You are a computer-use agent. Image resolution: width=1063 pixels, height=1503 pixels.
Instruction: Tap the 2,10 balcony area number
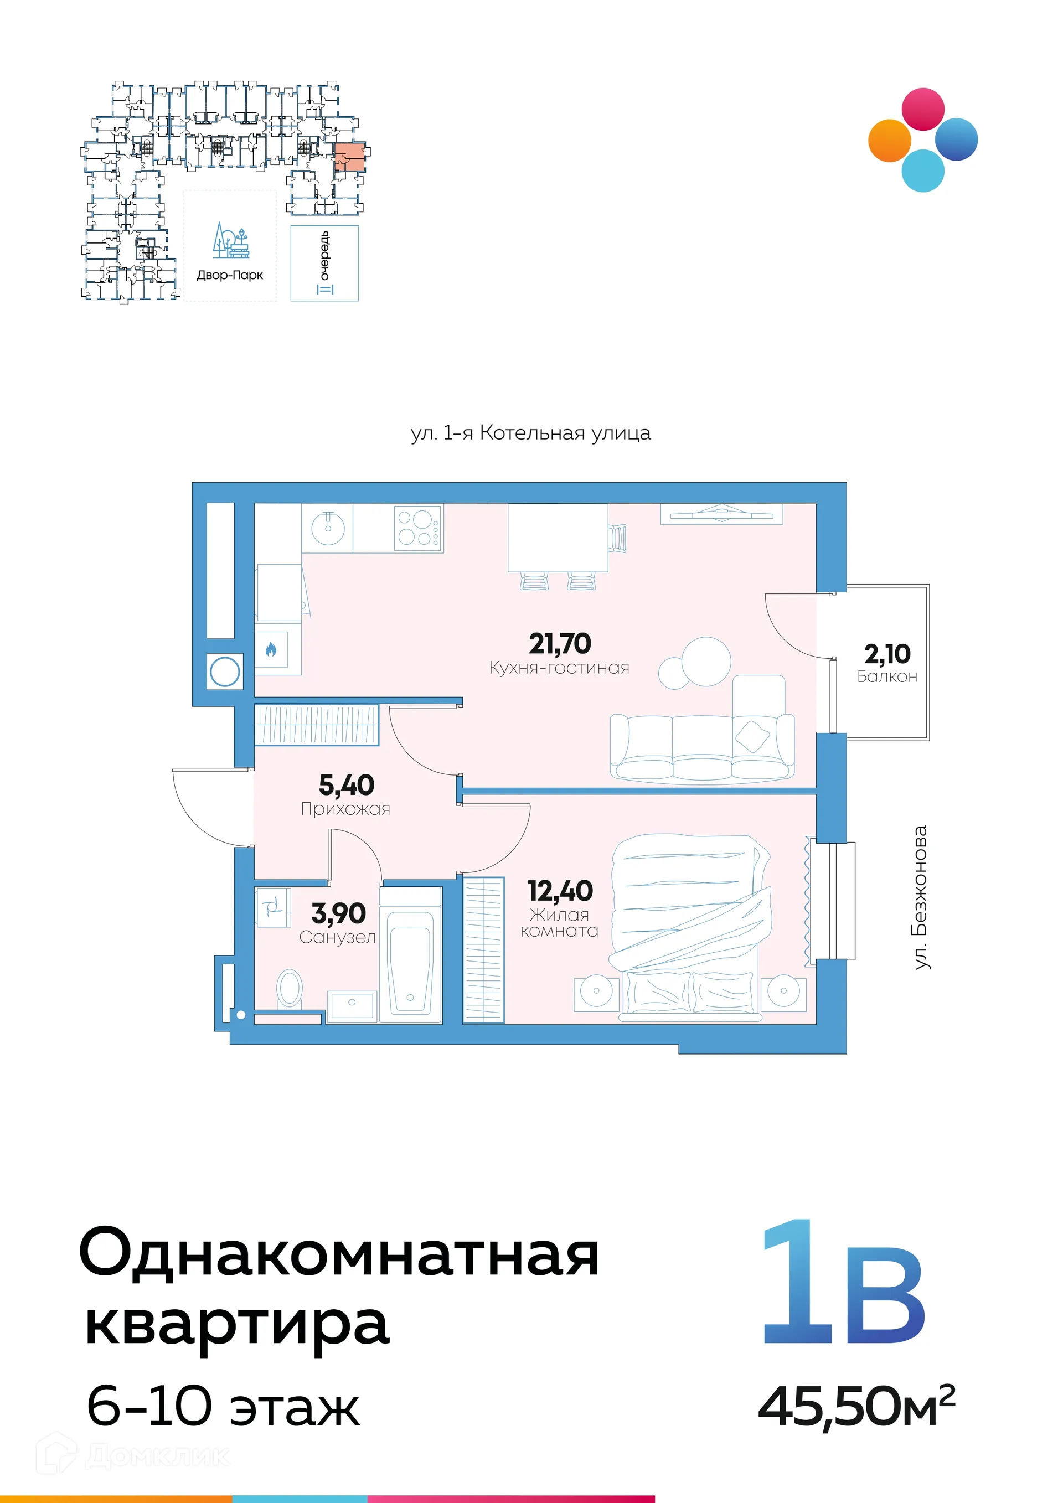887,654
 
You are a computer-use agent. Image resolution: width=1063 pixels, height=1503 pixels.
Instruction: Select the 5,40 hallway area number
346,785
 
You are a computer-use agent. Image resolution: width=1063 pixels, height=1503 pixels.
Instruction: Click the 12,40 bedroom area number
560,890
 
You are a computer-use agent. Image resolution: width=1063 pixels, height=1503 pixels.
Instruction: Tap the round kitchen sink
327,528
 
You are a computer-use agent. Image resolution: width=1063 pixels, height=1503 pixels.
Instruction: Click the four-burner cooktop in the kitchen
417,528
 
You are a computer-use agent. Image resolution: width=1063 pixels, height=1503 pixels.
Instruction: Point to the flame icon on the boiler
271,649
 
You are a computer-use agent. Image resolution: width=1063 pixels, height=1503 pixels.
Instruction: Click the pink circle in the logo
923,109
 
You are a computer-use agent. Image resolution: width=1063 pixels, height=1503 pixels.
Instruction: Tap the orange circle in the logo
890,140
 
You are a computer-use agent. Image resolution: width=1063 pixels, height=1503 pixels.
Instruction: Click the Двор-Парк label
230,276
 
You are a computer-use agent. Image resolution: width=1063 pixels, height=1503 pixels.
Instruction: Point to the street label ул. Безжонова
920,897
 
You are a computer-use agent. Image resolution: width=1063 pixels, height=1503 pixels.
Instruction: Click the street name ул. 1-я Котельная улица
530,433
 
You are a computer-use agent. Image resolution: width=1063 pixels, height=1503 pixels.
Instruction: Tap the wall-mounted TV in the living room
721,513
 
